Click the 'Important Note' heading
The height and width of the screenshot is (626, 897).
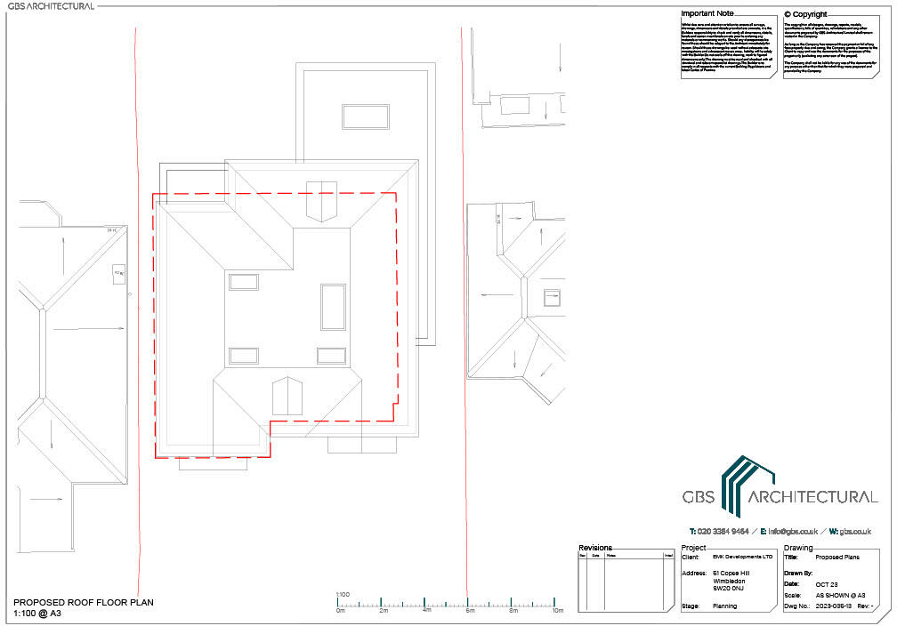[707, 14]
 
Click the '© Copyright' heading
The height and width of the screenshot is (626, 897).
[805, 14]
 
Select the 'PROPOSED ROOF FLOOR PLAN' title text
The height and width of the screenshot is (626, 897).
[84, 603]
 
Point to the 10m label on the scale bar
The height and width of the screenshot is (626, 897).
[558, 611]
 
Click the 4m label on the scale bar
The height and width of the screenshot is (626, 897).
[427, 611]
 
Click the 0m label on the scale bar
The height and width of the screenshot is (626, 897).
[341, 611]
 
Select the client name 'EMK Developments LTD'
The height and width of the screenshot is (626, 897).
[742, 557]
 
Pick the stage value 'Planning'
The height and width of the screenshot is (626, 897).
[726, 606]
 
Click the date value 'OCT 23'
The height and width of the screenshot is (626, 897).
[828, 582]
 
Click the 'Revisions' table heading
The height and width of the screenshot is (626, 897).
[595, 548]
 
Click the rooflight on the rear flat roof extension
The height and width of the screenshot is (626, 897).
[365, 116]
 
